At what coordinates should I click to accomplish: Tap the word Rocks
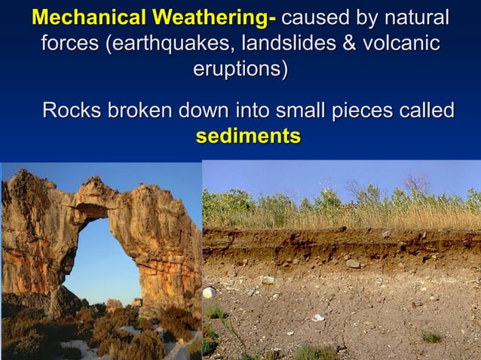coord(72,111)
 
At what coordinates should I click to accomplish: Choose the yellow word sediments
coord(248,137)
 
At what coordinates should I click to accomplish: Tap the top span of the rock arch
coord(106,197)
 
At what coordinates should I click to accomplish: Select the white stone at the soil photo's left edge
coord(210,292)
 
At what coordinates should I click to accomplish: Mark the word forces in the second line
coord(69,44)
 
